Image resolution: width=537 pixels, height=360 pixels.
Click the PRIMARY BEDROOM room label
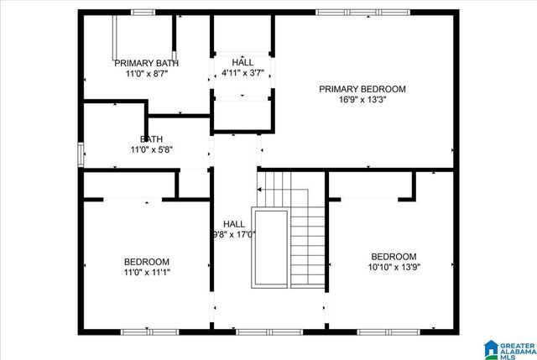coord(362,89)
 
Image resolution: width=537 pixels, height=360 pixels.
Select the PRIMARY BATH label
coord(146,63)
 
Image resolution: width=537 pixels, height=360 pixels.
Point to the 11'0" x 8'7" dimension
coord(146,74)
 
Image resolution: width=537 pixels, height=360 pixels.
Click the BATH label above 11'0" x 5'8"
coord(152,139)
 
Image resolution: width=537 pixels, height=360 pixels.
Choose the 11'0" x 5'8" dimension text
coord(152,150)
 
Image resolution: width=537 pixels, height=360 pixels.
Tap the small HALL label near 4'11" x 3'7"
coord(242,63)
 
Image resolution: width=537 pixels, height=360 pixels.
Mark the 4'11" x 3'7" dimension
coord(242,74)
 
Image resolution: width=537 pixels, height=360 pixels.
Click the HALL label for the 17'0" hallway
coord(234,224)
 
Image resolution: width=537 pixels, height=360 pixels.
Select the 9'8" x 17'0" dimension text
coord(234,236)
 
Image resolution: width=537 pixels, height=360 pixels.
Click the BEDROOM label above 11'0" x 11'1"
coord(147,262)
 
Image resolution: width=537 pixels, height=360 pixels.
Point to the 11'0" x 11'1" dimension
coord(147,273)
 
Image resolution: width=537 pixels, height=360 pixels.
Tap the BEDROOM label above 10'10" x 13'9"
coord(394,257)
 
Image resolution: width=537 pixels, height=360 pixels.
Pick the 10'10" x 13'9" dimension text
coord(394,268)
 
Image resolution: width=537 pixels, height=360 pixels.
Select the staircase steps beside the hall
coord(307,235)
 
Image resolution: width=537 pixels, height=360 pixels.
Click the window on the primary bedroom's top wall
coord(362,13)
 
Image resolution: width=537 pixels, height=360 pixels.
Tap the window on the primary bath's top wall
coord(143,13)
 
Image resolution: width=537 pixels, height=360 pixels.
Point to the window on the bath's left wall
coord(81,155)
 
